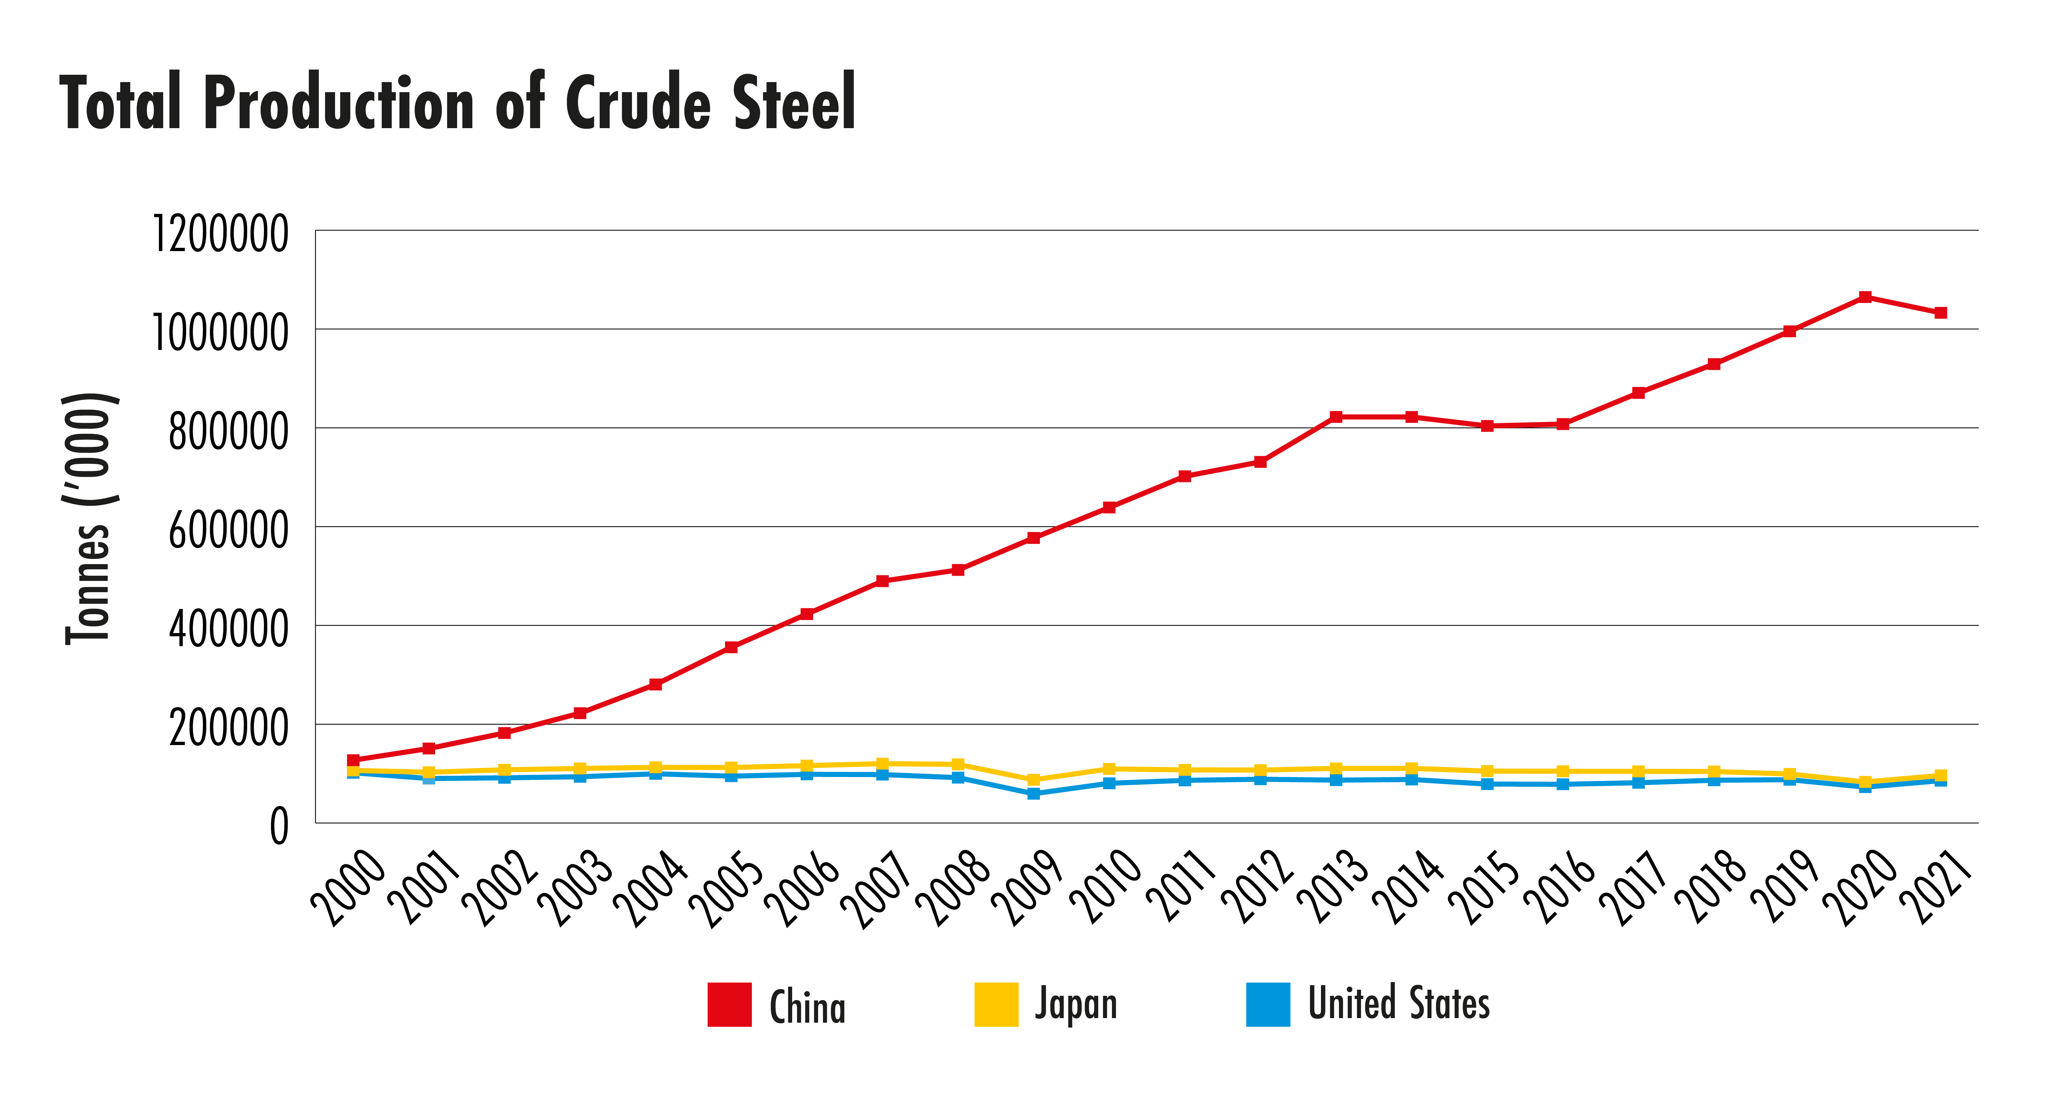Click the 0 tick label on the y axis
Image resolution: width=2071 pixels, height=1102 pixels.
tap(278, 826)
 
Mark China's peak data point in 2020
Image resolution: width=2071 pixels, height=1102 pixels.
tap(1865, 297)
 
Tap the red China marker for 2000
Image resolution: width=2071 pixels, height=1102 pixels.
tap(353, 760)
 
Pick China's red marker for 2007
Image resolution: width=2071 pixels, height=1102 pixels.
tap(882, 580)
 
